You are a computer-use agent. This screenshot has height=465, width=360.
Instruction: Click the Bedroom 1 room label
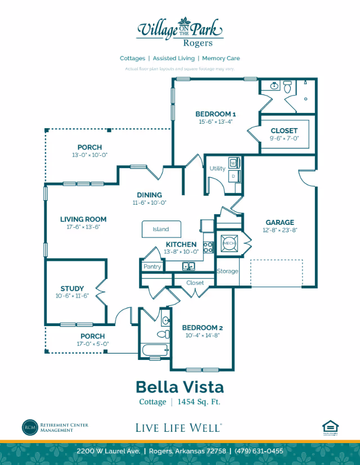point(215,114)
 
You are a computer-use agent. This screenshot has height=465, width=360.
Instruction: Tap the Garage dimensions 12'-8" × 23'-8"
point(280,231)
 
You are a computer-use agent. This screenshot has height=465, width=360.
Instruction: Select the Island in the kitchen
point(161,229)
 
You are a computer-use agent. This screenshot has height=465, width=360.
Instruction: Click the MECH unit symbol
point(229,242)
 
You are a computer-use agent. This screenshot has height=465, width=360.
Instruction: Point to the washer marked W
point(233,163)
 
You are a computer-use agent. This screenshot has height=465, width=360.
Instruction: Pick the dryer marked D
point(233,176)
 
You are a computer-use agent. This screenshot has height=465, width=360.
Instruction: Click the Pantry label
point(152,267)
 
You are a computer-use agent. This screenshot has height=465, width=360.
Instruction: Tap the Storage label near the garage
point(228,271)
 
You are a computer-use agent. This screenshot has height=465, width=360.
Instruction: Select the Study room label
point(72,288)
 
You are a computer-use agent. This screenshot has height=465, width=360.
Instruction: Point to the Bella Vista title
point(179,387)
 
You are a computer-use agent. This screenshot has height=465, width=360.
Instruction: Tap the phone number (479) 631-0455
point(259,452)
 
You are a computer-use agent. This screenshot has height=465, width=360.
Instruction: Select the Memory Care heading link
point(220,58)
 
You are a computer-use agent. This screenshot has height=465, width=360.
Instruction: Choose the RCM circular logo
point(30,427)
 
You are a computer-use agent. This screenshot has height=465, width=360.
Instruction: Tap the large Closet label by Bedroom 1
point(284,130)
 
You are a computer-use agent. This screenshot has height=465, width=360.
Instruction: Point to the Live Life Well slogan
point(178,428)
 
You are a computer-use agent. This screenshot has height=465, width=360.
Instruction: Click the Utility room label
point(217,168)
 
